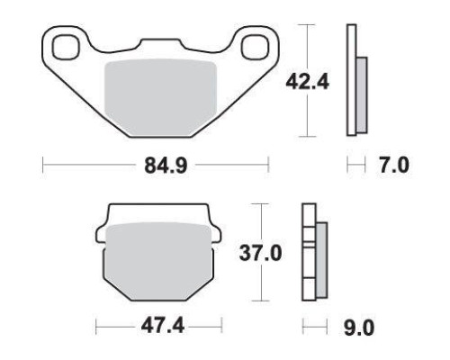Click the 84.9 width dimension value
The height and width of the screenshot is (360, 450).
(166, 166)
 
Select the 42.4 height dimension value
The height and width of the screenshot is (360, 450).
(307, 82)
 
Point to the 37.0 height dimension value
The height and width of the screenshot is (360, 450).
(260, 254)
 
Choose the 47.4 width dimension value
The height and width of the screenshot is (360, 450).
(163, 326)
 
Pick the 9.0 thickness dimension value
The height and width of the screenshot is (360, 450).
(359, 328)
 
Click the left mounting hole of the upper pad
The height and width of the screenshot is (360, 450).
(66, 47)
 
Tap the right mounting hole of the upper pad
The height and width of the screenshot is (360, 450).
(254, 47)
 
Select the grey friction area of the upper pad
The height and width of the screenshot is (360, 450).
(160, 97)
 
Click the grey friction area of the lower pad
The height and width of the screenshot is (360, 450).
(158, 261)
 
